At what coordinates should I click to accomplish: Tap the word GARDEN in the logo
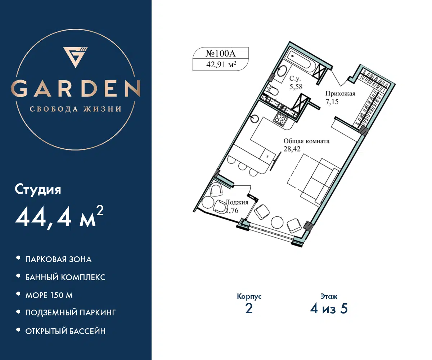76,89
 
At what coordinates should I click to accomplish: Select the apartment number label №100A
221,53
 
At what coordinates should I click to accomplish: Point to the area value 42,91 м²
221,64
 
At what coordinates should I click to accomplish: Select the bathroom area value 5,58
296,87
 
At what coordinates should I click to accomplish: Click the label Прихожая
340,94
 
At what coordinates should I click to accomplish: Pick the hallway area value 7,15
332,102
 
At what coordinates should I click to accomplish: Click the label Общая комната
306,141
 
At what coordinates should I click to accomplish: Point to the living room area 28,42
292,149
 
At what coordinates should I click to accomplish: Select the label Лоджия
237,202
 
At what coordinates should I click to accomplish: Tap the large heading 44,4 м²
59,217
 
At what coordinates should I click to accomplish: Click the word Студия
38,189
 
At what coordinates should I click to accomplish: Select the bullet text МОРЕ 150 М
49,295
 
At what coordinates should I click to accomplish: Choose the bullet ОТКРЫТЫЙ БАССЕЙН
66,331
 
